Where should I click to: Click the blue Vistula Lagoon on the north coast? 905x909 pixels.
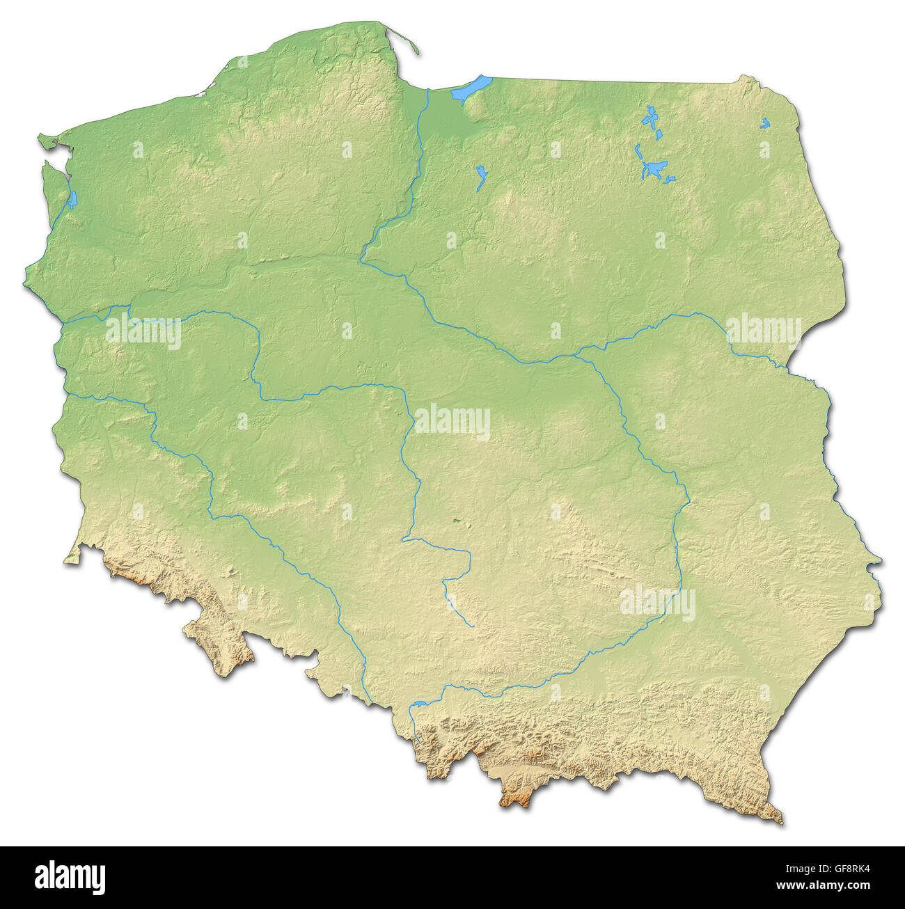tap(471, 88)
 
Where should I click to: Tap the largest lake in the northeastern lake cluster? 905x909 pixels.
tap(654, 168)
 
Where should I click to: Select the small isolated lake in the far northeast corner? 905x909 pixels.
tap(765, 123)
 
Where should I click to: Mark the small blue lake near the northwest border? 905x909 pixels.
tap(72, 199)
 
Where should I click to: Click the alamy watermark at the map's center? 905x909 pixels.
tap(452, 422)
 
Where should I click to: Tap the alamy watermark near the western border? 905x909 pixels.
tap(143, 331)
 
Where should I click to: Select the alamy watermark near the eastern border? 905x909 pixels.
tap(764, 331)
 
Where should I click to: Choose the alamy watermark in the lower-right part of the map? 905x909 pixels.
tap(657, 603)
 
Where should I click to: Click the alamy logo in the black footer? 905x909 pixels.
tap(70, 877)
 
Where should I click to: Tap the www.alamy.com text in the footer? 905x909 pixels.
tap(823, 886)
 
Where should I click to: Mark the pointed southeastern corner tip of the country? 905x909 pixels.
tap(779, 821)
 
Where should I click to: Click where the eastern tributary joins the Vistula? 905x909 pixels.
tap(575, 356)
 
